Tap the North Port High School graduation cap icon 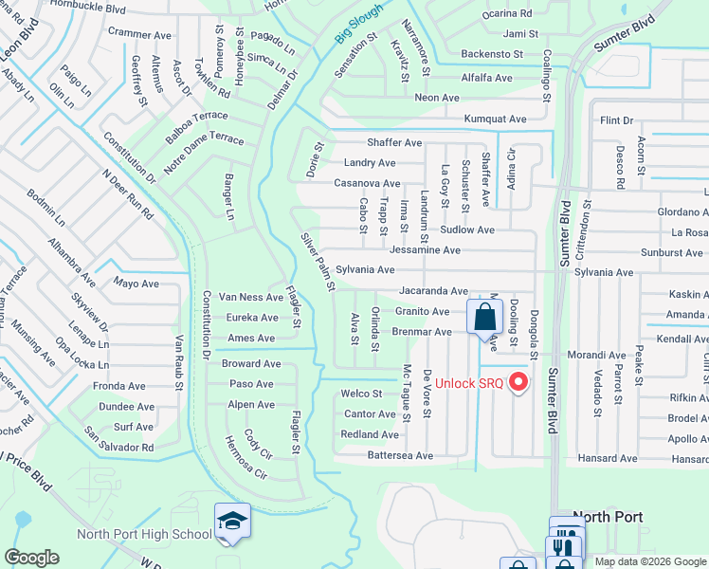tap(232, 522)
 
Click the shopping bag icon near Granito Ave tap(484, 317)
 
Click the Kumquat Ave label tap(494, 119)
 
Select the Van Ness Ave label tap(251, 296)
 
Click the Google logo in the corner tap(31, 558)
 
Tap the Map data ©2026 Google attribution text tap(649, 561)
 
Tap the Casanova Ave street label tap(366, 183)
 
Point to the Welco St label tap(361, 394)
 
